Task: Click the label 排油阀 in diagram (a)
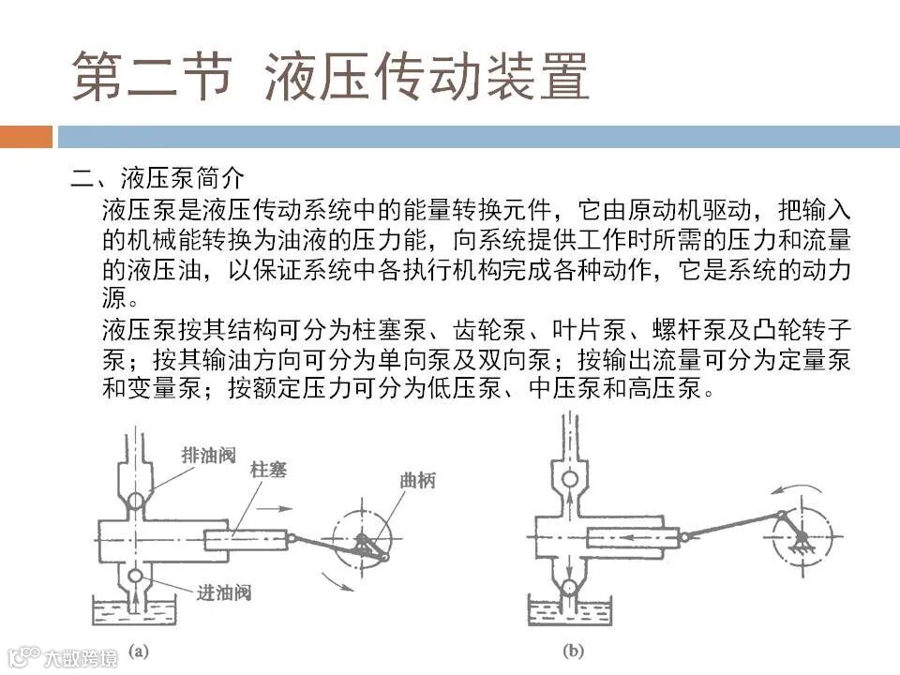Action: (208, 456)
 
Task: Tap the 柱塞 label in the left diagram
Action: (268, 470)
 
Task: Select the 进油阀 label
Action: (223, 592)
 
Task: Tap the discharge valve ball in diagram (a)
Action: (137, 501)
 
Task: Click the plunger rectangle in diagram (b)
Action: (633, 537)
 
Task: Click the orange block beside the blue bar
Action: (26, 137)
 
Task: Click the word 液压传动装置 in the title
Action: (427, 76)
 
